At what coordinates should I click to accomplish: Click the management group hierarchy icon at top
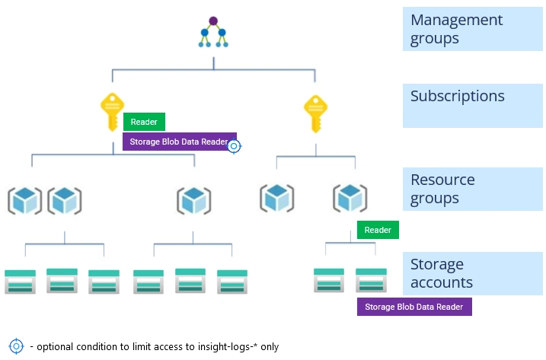click(x=213, y=32)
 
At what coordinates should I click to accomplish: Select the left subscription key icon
click(x=113, y=113)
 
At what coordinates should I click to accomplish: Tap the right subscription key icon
click(x=315, y=113)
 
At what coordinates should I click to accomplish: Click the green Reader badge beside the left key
click(x=144, y=122)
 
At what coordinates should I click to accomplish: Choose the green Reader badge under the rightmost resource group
click(x=378, y=230)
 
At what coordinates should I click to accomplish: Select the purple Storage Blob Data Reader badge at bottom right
click(x=414, y=307)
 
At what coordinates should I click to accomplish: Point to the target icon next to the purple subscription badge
click(x=235, y=146)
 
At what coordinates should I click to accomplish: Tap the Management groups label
click(x=456, y=29)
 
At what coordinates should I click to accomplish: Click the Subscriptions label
click(x=457, y=97)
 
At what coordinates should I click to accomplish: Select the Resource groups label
click(x=442, y=189)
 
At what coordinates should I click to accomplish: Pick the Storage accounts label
click(x=442, y=274)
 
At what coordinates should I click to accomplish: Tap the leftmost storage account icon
click(x=21, y=281)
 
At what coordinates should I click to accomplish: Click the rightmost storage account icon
click(x=371, y=279)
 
